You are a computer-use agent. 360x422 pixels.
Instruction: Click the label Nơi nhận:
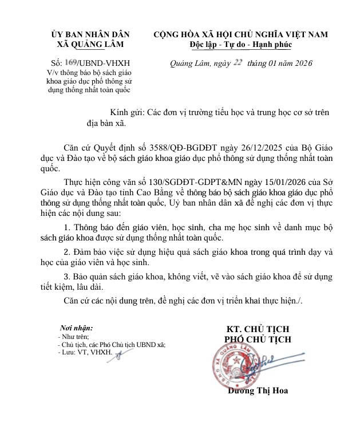click(76, 329)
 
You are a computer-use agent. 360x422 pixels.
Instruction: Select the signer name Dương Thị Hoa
click(258, 392)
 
